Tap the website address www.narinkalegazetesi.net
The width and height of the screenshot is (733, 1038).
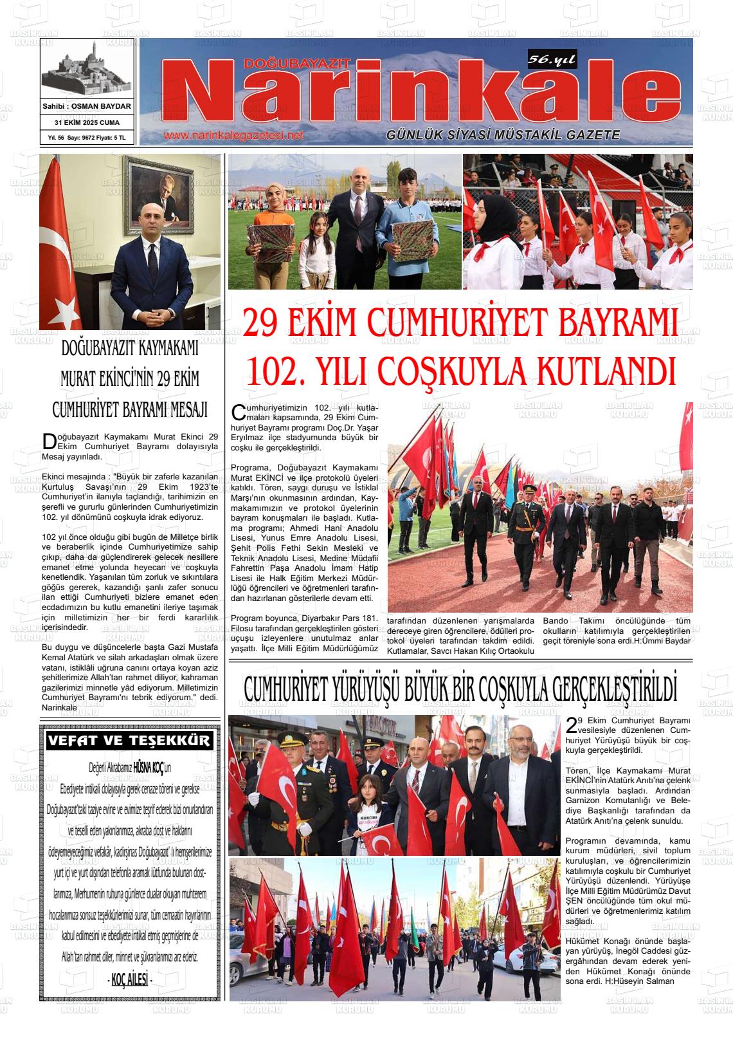click(233, 136)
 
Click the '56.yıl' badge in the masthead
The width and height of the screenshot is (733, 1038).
click(552, 60)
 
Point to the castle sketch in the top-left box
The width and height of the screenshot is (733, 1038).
click(87, 69)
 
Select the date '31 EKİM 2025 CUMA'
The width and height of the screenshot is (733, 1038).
click(87, 122)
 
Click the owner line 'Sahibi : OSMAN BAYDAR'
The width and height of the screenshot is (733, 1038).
click(87, 106)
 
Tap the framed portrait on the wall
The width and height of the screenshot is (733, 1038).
click(159, 196)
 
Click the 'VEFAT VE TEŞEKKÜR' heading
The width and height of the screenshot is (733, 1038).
click(129, 741)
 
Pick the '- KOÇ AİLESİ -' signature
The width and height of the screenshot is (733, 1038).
click(129, 979)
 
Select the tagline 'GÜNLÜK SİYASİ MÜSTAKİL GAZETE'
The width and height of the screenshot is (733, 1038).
click(503, 135)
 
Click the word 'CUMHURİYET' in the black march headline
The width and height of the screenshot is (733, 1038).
click(287, 689)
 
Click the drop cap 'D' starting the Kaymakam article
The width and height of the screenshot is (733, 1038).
click(49, 441)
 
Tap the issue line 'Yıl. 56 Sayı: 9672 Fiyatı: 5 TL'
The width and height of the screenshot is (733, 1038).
click(87, 138)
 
